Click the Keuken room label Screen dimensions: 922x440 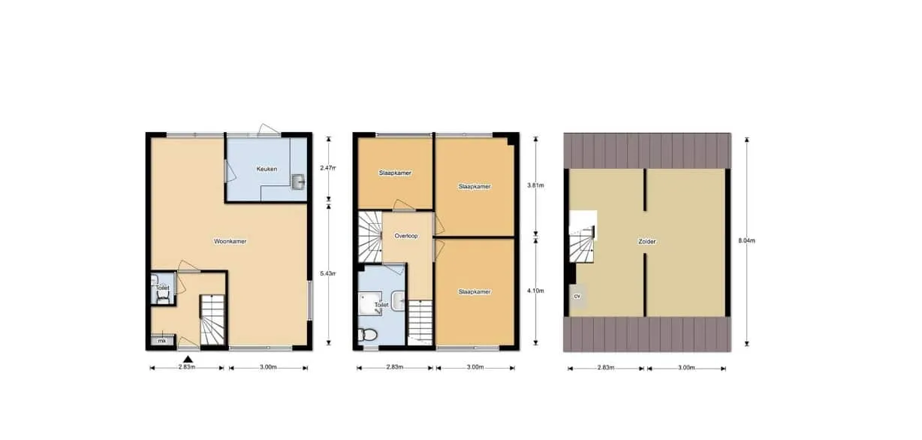[x=267, y=169]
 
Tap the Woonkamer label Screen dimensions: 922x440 [x=230, y=241]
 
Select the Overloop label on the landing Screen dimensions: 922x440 [x=406, y=236]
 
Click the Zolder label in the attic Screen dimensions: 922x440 [x=646, y=242]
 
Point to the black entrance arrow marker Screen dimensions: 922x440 [x=188, y=360]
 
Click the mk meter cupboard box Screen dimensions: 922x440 [x=162, y=341]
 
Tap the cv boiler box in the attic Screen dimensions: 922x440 [x=577, y=296]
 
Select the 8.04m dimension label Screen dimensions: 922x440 [x=746, y=241]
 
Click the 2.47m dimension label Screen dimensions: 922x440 [x=328, y=168]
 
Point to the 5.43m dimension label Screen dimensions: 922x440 [x=328, y=273]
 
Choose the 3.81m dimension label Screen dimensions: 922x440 [x=535, y=185]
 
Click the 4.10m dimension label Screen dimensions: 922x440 [x=535, y=291]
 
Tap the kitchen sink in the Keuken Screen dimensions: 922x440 [x=298, y=182]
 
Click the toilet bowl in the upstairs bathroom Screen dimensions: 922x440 [x=368, y=335]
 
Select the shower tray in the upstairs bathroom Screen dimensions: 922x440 [x=370, y=303]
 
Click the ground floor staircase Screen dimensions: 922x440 [x=212, y=319]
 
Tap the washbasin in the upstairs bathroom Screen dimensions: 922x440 [x=399, y=300]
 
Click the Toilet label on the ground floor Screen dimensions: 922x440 [x=163, y=288]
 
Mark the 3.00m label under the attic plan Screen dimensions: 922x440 [x=686, y=368]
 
